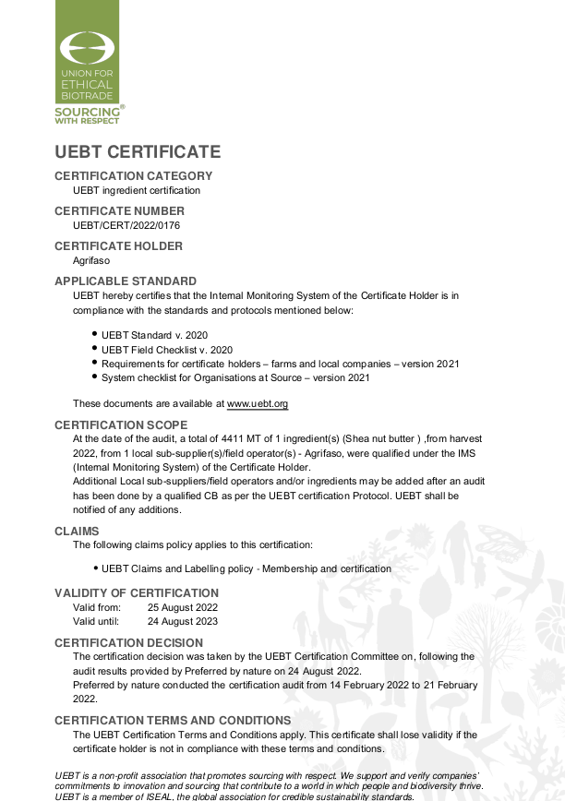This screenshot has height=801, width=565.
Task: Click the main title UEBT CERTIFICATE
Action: tap(138, 152)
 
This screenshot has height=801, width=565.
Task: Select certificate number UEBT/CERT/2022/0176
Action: tap(126, 224)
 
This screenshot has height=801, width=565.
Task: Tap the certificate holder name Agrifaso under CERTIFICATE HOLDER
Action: tap(91, 260)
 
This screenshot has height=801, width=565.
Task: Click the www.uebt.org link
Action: tap(258, 403)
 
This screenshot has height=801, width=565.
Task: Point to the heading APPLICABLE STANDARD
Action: tap(126, 281)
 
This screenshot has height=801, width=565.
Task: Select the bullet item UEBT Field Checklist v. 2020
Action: tap(167, 350)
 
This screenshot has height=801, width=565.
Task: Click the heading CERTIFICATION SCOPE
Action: tap(121, 425)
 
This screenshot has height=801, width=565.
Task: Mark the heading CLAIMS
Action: tap(77, 532)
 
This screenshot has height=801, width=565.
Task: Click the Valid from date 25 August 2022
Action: tap(183, 607)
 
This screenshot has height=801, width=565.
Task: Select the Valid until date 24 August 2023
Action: tap(183, 621)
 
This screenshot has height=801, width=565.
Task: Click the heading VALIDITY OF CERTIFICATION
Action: tap(137, 593)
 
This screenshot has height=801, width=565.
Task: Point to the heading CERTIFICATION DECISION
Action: tap(128, 643)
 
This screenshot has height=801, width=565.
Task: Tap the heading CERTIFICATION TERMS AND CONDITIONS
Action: tap(173, 721)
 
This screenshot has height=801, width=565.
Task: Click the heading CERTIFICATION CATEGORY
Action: tap(133, 176)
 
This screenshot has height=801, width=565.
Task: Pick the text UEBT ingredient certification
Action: tap(137, 190)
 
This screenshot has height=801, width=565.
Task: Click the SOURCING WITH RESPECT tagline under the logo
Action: tap(89, 115)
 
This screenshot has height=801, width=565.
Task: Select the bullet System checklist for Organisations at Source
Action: tap(235, 377)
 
